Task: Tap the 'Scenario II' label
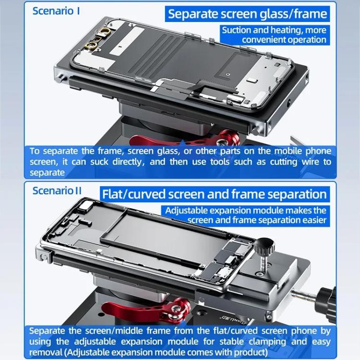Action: (x=57, y=191)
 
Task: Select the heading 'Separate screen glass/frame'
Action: (x=247, y=13)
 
